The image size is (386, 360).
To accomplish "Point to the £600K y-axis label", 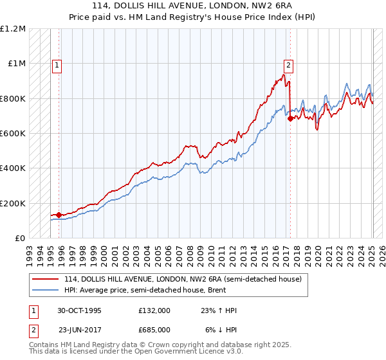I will coord(13,134).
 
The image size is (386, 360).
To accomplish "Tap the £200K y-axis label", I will coord(13,203).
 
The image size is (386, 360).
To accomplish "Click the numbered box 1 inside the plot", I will coord(57,64).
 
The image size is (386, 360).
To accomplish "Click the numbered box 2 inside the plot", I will coord(288,64).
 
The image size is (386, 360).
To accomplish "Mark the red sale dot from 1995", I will coord(59,215).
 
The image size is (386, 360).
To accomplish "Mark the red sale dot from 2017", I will coord(290,118).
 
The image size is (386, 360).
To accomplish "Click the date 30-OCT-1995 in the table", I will coord(79,310).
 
